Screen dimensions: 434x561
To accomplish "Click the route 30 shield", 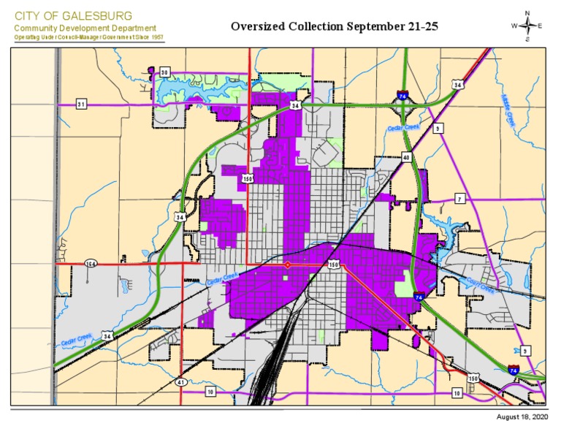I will (x=165, y=72).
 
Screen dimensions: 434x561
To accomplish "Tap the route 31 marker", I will (x=81, y=104).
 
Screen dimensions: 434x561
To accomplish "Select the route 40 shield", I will (x=405, y=157).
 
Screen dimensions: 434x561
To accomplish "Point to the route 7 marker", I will (x=459, y=199).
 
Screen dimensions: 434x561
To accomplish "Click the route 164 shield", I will (x=91, y=263).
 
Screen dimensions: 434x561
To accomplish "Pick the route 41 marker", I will (x=180, y=381).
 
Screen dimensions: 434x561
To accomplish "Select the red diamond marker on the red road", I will (x=287, y=264).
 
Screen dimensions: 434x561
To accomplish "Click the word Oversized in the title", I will (x=256, y=27).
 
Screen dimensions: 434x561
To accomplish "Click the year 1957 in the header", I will (x=156, y=37).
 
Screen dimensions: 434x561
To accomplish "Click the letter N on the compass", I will (x=527, y=12).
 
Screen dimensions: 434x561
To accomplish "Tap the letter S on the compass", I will (x=527, y=40).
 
